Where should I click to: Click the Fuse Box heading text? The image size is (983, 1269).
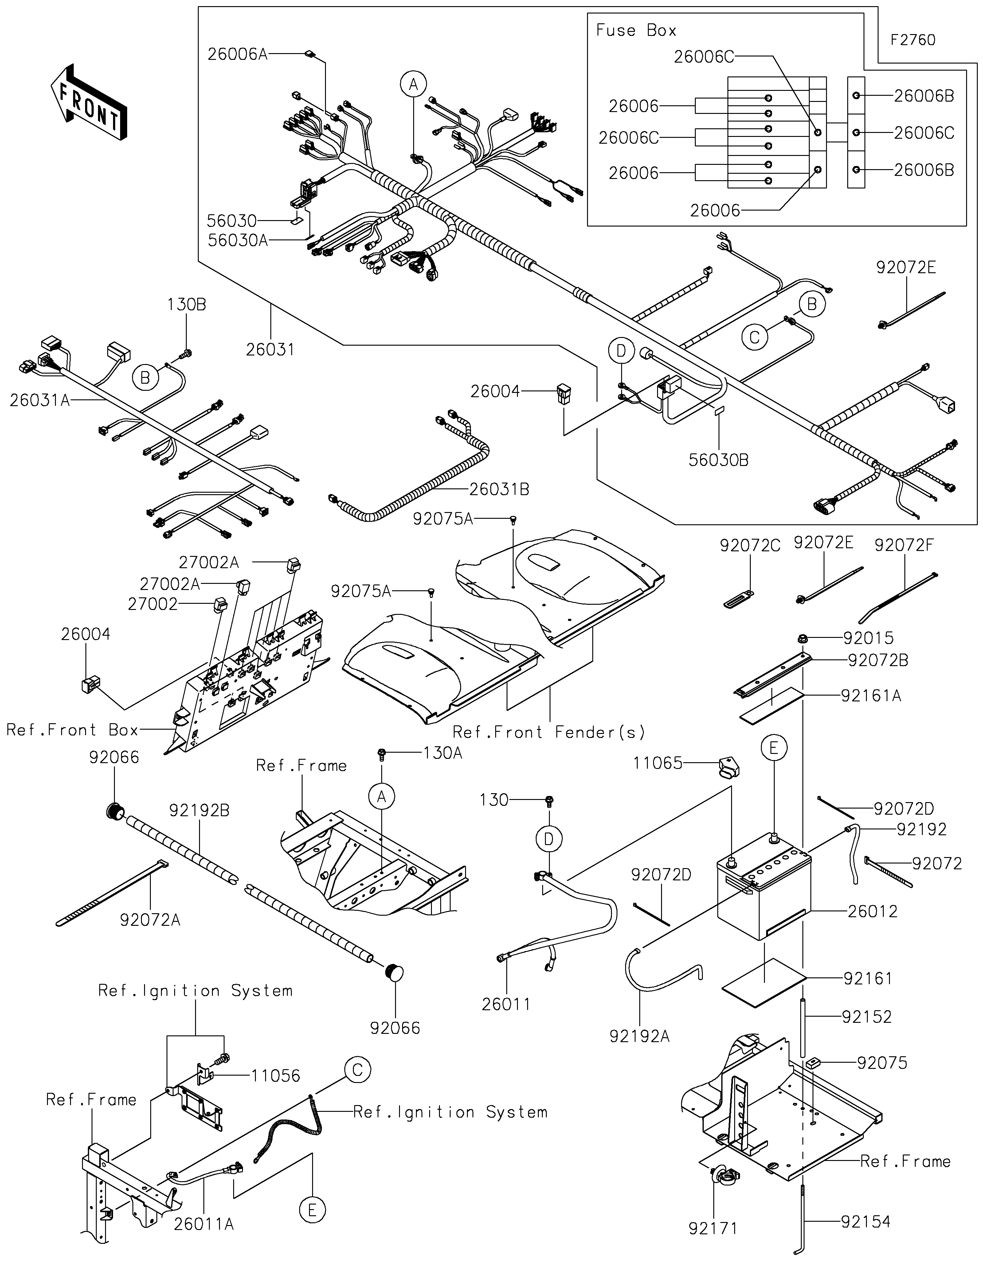click(636, 30)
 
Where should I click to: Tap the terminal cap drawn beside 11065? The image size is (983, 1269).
click(729, 767)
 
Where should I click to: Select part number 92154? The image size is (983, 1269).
click(866, 1222)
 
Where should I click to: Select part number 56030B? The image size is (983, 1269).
click(719, 460)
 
